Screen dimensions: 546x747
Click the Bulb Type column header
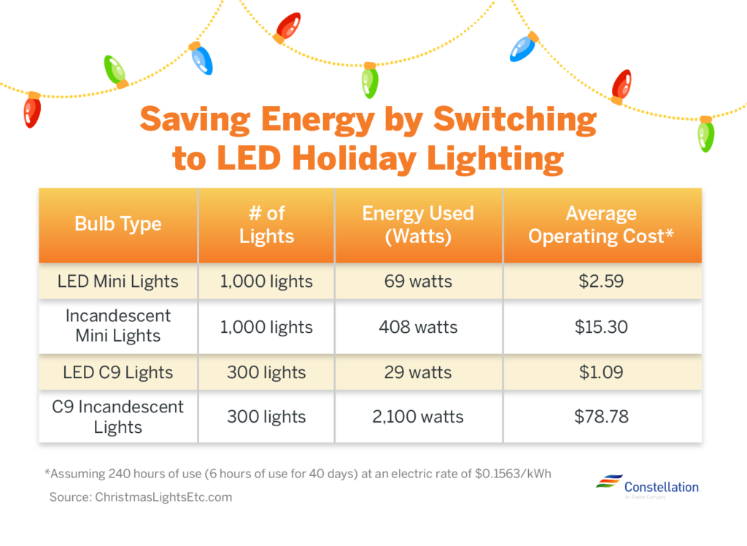(117, 224)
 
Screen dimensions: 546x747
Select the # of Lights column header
(266, 225)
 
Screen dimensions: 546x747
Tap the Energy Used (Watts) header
(418, 225)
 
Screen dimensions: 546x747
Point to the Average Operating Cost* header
(601, 225)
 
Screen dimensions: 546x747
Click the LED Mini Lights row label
(117, 281)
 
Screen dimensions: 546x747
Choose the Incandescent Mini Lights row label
(117, 326)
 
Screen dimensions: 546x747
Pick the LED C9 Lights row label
(117, 372)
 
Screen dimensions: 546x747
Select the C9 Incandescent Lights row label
(117, 417)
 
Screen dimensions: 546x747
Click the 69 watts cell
(418, 281)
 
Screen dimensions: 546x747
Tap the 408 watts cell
(418, 327)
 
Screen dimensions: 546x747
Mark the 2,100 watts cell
(418, 418)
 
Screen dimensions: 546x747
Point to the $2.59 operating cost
(601, 281)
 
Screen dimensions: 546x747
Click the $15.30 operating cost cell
(601, 327)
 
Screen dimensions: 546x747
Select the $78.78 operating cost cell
(601, 418)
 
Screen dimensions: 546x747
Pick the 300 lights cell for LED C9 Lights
(266, 372)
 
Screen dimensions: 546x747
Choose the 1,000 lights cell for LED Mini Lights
(266, 281)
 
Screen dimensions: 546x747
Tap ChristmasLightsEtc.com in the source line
(163, 497)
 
